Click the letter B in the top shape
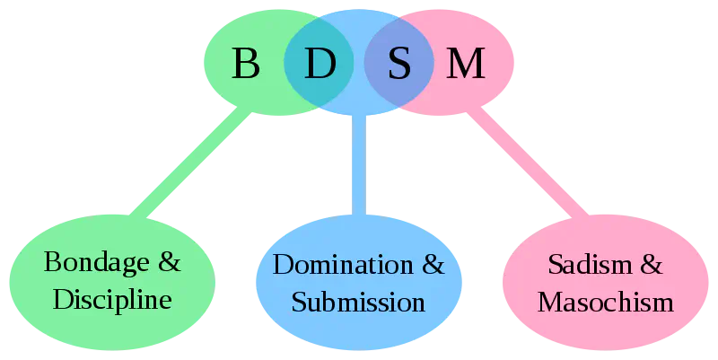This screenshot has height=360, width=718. point(245,64)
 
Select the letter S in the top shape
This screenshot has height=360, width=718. point(398,64)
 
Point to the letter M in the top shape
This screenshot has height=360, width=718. point(465,64)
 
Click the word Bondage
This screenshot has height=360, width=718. point(98,264)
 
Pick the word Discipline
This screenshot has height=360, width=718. point(112,299)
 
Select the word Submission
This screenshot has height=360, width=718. point(358,301)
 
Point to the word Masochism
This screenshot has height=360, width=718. point(605,301)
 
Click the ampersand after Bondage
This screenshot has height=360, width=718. point(169,263)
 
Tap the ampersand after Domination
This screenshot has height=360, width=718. point(433,265)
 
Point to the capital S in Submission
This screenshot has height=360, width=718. point(300,301)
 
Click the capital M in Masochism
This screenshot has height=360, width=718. point(548,301)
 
